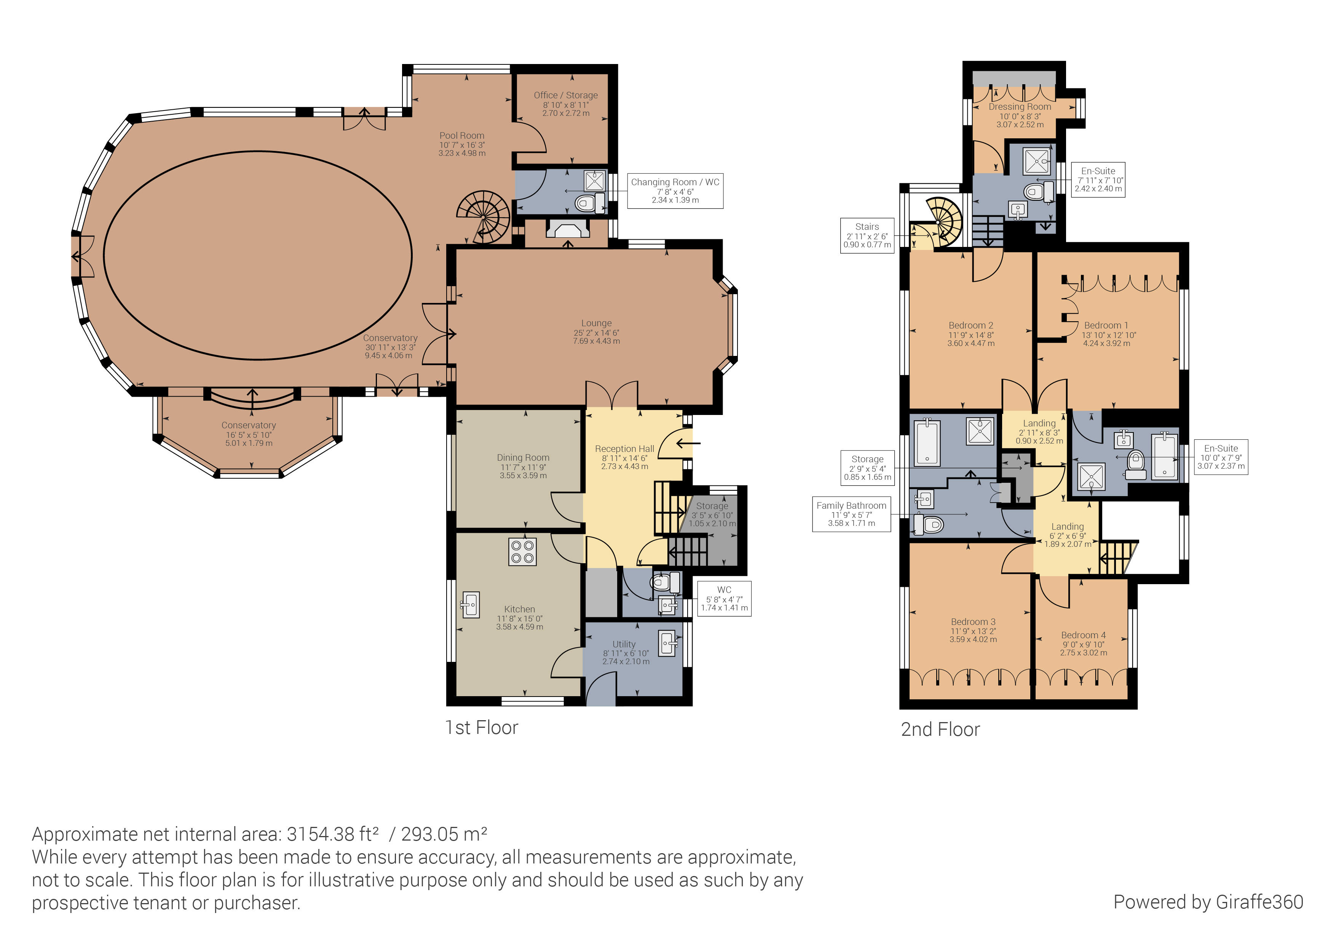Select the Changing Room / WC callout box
pyautogui.click(x=675, y=191)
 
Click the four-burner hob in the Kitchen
pyautogui.click(x=522, y=551)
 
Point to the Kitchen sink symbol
pyautogui.click(x=471, y=604)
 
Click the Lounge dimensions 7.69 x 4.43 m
pyautogui.click(x=597, y=341)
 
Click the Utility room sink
pyautogui.click(x=667, y=643)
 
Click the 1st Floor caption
pyautogui.click(x=481, y=727)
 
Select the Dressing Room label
pyautogui.click(x=1020, y=107)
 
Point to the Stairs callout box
pyautogui.click(x=867, y=235)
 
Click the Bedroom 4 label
pyautogui.click(x=1083, y=635)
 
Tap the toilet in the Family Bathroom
pyautogui.click(x=929, y=524)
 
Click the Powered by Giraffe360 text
pyautogui.click(x=1208, y=902)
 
